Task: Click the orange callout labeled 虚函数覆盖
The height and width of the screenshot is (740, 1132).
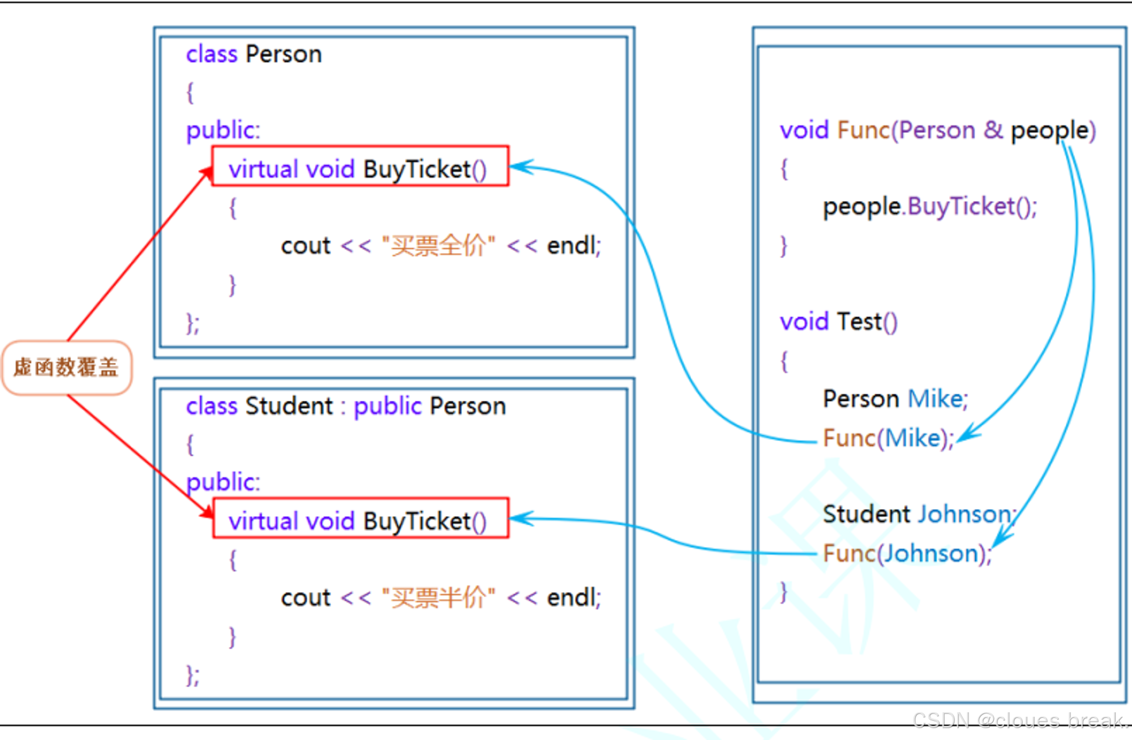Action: click(67, 367)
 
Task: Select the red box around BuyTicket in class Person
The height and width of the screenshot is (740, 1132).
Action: click(360, 166)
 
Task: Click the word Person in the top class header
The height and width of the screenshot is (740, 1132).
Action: click(284, 54)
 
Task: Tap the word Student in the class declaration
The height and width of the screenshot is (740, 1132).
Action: click(289, 406)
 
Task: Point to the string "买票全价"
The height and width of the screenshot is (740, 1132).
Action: click(438, 246)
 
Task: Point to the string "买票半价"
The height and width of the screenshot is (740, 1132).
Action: click(438, 597)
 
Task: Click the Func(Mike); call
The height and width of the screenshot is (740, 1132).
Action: click(888, 438)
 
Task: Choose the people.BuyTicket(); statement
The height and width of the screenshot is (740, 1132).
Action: click(929, 207)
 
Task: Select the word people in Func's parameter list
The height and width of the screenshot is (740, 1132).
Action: click(1050, 131)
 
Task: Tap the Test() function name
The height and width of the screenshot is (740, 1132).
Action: click(866, 322)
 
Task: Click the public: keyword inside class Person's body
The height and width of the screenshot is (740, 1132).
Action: click(223, 130)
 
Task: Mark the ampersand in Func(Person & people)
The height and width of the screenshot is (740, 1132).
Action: click(993, 130)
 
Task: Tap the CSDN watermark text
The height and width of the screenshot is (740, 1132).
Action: click(1019, 720)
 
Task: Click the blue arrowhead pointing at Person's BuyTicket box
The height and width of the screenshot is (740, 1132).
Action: click(520, 166)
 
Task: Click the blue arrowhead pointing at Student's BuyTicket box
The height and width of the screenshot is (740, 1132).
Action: click(520, 518)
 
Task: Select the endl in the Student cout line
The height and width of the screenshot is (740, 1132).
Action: click(572, 597)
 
